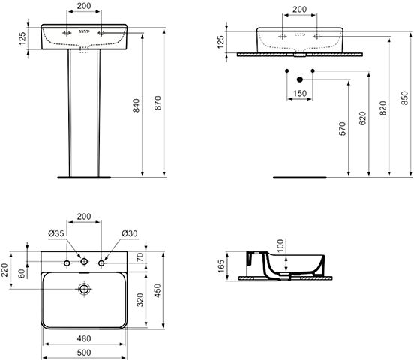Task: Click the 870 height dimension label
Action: coord(157,103)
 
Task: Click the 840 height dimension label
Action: coord(136,106)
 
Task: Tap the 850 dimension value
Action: coord(404,97)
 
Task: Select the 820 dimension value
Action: coord(382,108)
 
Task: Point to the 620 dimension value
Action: coord(362,118)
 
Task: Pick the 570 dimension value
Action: coord(342,129)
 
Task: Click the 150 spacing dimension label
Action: coord(300,93)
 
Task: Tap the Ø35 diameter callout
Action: coord(56,233)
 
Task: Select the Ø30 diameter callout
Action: coord(129,233)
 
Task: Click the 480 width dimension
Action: coord(84,338)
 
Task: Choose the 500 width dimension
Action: coord(84,352)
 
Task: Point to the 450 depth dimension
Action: coord(157,290)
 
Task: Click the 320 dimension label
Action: coord(140,299)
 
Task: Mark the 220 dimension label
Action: coord(4,270)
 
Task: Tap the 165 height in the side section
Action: coord(221,265)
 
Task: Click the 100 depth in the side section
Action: coord(280,245)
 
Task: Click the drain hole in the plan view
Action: coord(84,289)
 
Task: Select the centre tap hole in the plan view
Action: coord(84,262)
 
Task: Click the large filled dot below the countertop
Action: coord(300,79)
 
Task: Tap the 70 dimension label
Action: coord(140,256)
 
